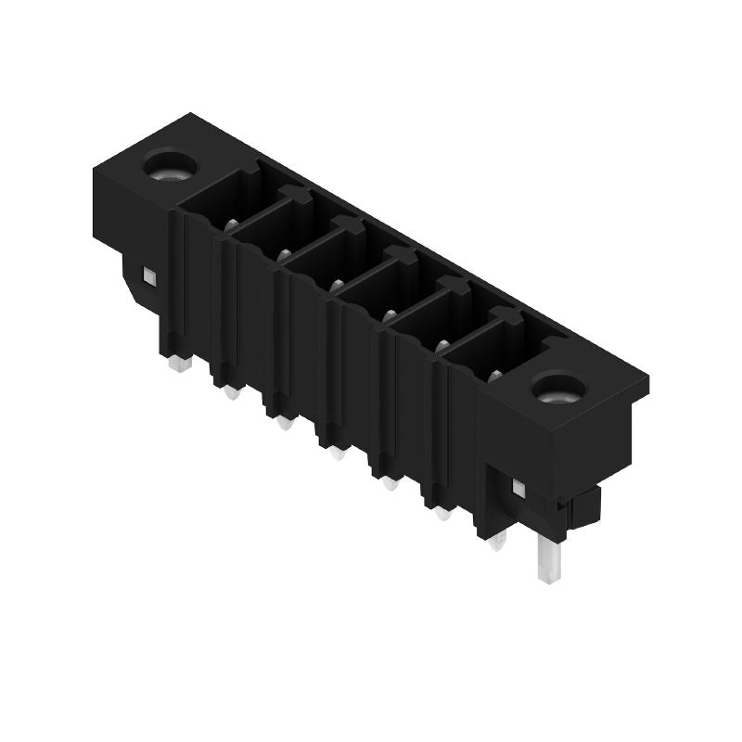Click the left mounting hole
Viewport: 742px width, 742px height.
(x=170, y=168)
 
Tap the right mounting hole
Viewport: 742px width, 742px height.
(x=557, y=387)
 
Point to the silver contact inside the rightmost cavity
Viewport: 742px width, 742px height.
(x=494, y=375)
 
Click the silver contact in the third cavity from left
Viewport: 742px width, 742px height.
(x=337, y=285)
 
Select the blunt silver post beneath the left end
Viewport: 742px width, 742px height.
(x=179, y=363)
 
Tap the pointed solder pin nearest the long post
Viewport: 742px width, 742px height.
(x=498, y=542)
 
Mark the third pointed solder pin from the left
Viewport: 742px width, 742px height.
(x=338, y=453)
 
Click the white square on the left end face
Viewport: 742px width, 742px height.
(x=147, y=275)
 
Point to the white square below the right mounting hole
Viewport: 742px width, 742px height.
(x=518, y=487)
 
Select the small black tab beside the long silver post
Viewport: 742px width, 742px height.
(x=584, y=505)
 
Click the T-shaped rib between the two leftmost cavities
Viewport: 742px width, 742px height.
(x=290, y=194)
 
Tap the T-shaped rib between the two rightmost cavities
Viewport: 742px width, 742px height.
(x=504, y=315)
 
